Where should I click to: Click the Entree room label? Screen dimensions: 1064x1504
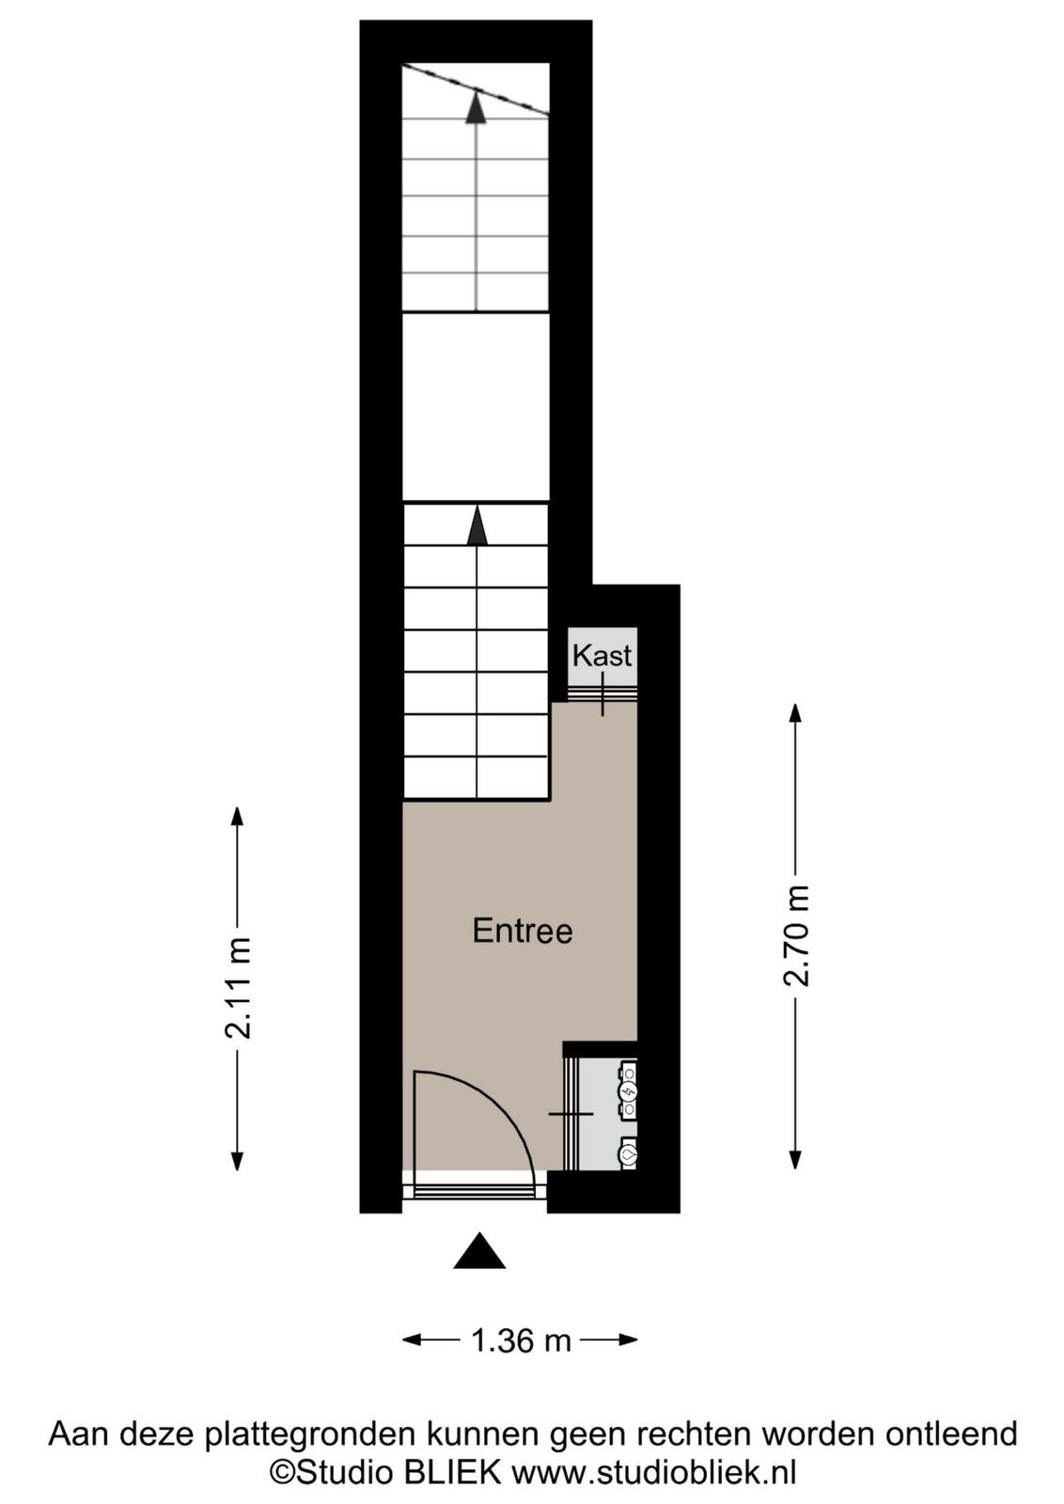click(523, 932)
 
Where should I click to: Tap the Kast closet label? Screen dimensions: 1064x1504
click(602, 656)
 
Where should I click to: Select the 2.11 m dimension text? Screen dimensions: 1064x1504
click(239, 988)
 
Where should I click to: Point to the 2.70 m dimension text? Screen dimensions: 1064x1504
click(797, 935)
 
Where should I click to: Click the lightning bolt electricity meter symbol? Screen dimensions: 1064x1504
click(629, 1093)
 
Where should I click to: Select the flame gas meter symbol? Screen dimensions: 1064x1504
click(629, 1155)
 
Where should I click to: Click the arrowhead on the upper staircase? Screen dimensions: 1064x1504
click(476, 107)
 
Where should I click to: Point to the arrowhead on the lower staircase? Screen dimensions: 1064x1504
click(476, 525)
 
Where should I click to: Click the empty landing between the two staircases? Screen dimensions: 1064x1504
click(476, 406)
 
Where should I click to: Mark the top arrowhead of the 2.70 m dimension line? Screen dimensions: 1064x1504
click(795, 713)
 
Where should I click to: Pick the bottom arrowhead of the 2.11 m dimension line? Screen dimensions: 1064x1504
click(237, 1161)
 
